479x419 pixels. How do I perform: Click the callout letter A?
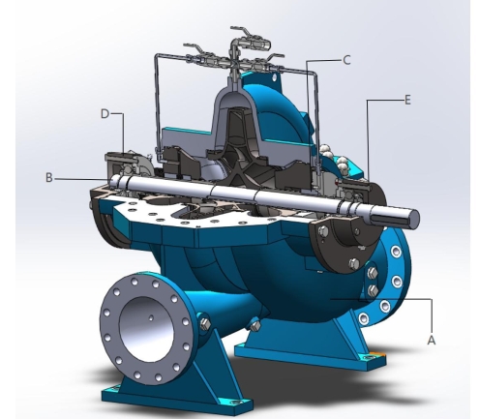click(x=431, y=340)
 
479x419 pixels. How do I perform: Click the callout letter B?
click(x=49, y=177)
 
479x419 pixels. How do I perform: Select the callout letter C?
click(x=346, y=60)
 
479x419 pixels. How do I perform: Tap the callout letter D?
click(x=105, y=113)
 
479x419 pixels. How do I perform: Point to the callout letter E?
click(x=407, y=101)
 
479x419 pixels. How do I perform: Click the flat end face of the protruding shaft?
click(x=413, y=217)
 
